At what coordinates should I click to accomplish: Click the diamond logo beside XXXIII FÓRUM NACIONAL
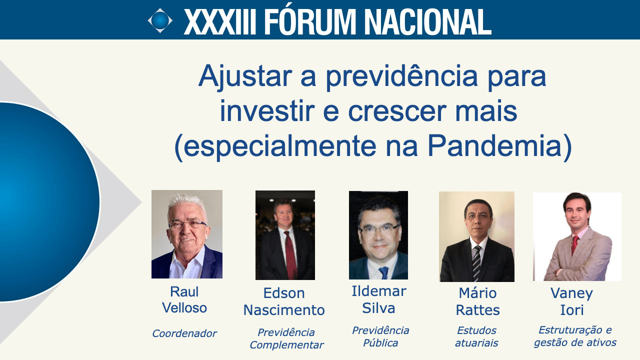tap(160, 20)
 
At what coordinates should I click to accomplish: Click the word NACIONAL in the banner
tap(427, 21)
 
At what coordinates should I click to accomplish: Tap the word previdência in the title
tap(401, 77)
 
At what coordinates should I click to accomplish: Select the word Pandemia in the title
tap(495, 146)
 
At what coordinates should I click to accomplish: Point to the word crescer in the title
tap(397, 112)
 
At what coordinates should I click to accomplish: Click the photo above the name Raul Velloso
tap(187, 234)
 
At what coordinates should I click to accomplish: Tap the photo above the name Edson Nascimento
tap(285, 235)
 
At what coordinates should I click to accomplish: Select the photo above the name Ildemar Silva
tap(378, 235)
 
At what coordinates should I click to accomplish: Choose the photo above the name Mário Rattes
tap(476, 236)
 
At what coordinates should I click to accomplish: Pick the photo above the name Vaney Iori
tap(577, 236)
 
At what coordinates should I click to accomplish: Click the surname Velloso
tap(184, 308)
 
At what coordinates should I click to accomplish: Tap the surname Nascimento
tap(284, 310)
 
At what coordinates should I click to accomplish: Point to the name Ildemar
tap(379, 291)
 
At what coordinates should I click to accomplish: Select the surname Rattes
tap(477, 310)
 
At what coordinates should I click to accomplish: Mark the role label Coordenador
tap(184, 333)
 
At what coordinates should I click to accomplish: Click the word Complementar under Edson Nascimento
tap(286, 345)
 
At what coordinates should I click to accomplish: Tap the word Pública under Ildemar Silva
tap(380, 343)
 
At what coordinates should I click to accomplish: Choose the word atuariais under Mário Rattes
tap(476, 343)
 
